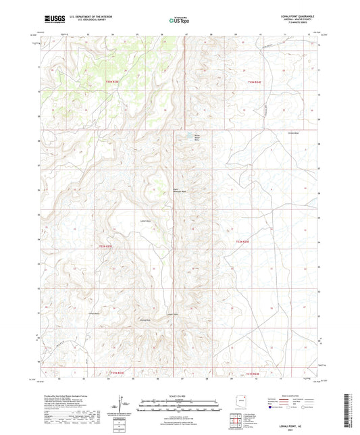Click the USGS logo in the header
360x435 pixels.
pyautogui.click(x=51, y=20)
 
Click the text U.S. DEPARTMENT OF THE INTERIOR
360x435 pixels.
pyautogui.click(x=88, y=17)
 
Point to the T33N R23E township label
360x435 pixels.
pyautogui.click(x=112, y=82)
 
